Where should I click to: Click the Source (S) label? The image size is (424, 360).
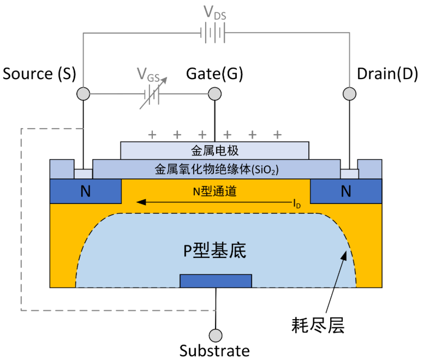pyautogui.click(x=39, y=74)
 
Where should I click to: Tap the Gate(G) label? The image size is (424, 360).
pyautogui.click(x=214, y=74)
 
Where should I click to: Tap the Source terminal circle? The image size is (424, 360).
pyautogui.click(x=83, y=94)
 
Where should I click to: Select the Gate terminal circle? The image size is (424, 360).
pyautogui.click(x=214, y=94)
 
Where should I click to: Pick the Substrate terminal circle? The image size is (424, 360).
pyautogui.click(x=216, y=335)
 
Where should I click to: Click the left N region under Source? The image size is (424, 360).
pyautogui.click(x=85, y=191)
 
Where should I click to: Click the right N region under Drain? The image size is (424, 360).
pyautogui.click(x=346, y=191)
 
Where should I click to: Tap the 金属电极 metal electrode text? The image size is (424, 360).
pyautogui.click(x=214, y=150)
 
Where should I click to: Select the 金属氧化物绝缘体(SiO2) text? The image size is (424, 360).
pyautogui.click(x=217, y=170)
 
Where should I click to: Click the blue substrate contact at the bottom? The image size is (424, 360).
pyautogui.click(x=216, y=281)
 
